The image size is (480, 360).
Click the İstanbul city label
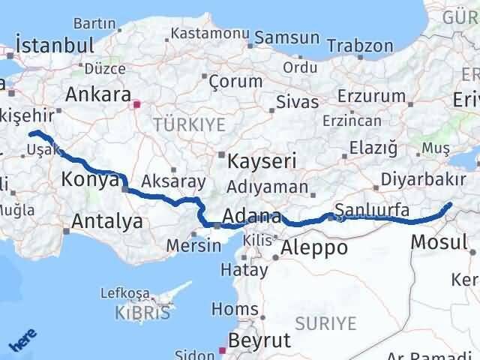(55, 44)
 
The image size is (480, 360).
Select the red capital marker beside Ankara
(136, 104)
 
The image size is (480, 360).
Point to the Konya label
(91, 180)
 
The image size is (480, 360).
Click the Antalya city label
(107, 220)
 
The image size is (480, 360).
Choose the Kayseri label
(262, 160)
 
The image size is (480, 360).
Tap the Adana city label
(252, 217)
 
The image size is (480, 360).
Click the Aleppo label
(313, 247)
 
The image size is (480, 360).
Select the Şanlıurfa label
(372, 211)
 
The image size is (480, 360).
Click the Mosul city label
(439, 241)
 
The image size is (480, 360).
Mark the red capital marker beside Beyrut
(222, 349)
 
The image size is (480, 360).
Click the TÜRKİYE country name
(189, 125)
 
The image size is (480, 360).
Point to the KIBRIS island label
(143, 313)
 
